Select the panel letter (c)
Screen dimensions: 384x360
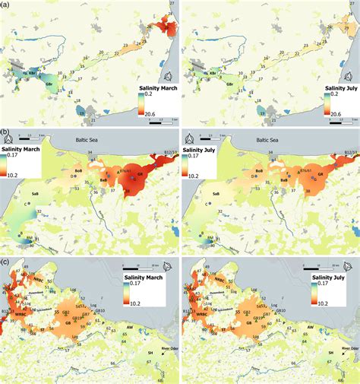tap(5, 262)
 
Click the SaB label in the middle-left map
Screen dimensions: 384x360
tap(35, 193)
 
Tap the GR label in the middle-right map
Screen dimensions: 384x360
tap(321, 173)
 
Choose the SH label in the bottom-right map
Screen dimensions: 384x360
tap(330, 353)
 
